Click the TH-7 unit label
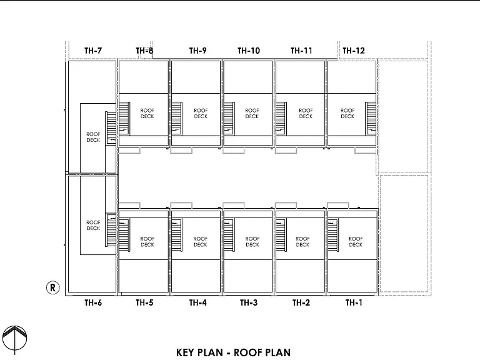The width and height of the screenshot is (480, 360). coord(93,51)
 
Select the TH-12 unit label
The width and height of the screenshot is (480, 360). coord(354,51)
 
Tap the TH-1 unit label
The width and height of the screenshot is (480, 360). coord(354,302)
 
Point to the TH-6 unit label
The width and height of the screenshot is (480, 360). coord(93,302)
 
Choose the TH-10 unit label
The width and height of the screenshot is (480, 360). coord(249,51)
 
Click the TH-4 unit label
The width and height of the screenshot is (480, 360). coord(197,302)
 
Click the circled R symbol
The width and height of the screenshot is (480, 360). coord(52,287)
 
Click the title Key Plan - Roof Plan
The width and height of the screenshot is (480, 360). coord(233,352)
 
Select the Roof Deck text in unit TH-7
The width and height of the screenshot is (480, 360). coord(93,137)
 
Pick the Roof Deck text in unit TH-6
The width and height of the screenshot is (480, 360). coord(93,225)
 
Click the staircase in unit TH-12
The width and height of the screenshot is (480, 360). coord(371,119)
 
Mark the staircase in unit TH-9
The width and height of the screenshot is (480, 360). coord(177,119)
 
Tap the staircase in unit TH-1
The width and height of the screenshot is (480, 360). coord(333,235)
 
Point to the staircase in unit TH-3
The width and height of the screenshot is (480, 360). coord(229,235)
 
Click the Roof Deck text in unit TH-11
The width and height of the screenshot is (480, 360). coord(306,113)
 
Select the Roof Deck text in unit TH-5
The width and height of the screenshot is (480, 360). coord(147,241)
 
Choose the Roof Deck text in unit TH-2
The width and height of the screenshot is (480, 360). coord(302,241)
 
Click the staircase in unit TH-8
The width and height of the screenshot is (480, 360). coord(124,119)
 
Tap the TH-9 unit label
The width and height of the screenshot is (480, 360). coord(197,51)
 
